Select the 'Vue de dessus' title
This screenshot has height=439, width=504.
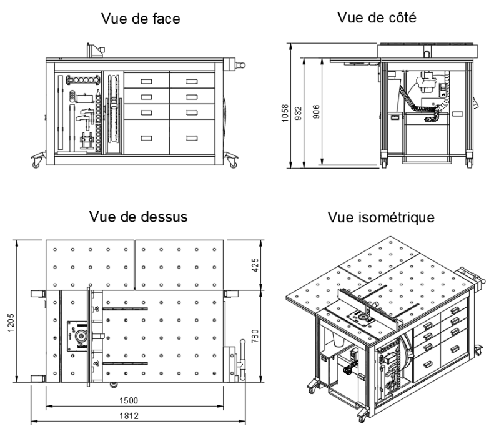point(131,216)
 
